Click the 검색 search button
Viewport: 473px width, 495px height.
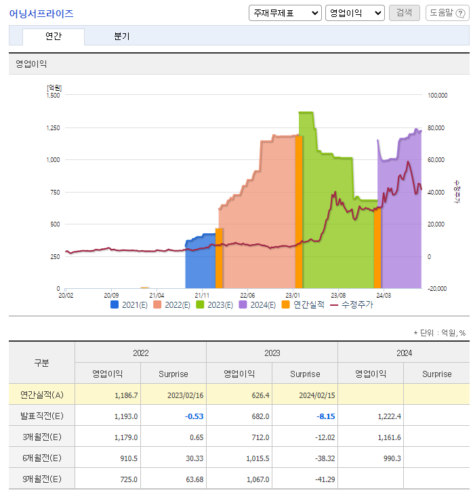[x=404, y=13]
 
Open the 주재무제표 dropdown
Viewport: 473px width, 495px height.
[x=285, y=13]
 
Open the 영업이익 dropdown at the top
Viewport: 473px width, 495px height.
[x=354, y=13]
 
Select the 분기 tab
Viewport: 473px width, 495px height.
[x=122, y=37]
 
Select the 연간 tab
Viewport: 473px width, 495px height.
[x=53, y=37]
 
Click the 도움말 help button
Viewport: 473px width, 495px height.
[x=446, y=13]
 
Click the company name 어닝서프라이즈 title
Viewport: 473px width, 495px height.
[x=41, y=14]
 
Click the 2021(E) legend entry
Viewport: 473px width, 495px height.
[x=129, y=304]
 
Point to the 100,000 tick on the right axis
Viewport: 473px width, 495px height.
[x=438, y=96]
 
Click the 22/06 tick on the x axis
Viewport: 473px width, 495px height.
[x=247, y=296]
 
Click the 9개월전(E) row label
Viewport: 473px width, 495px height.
[x=41, y=479]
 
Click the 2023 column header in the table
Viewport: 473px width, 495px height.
[x=272, y=353]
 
